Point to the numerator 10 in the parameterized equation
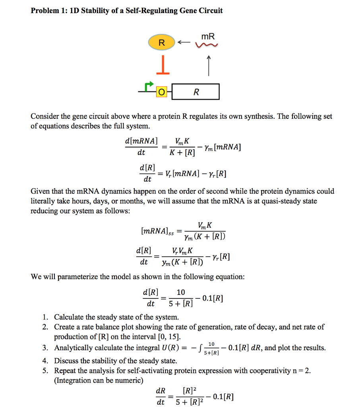pos(181,292)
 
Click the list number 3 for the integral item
pos(46,348)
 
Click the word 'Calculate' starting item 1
pos(68,317)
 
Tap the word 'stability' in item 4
pos(99,361)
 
